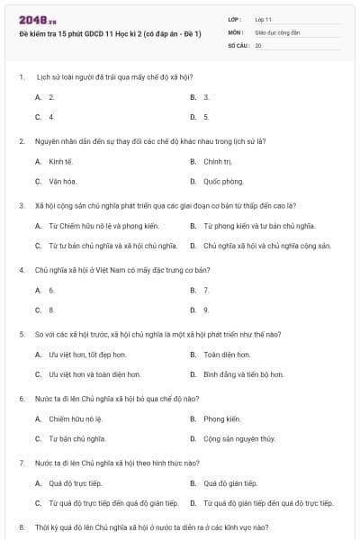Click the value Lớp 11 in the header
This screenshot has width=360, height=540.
pyautogui.click(x=263, y=18)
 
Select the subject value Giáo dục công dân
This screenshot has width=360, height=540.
pyautogui.click(x=275, y=31)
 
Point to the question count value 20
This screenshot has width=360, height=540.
pyautogui.click(x=258, y=43)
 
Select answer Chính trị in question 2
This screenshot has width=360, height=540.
pyautogui.click(x=218, y=162)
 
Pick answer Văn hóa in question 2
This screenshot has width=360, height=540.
pyautogui.click(x=61, y=181)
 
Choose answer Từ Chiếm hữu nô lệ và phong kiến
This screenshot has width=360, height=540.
pyautogui.click(x=103, y=226)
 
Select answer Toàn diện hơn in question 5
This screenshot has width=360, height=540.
pyautogui.click(x=225, y=355)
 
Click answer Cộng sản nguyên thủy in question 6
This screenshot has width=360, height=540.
pyautogui.click(x=238, y=438)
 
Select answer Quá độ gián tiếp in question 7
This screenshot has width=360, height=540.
pyautogui.click(x=230, y=484)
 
